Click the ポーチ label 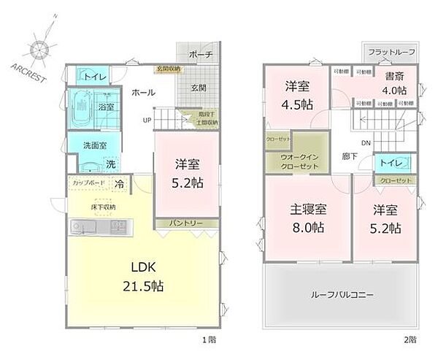200,55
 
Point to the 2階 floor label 412,339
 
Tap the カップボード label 89,183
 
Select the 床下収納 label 102,207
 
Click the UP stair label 147,120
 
